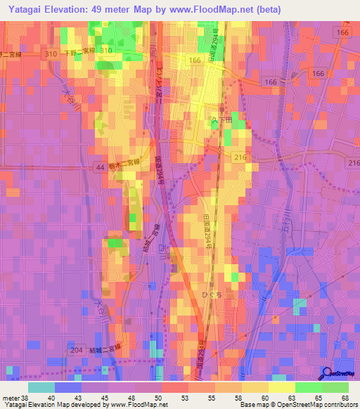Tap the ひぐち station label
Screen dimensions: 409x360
[x=211, y=296]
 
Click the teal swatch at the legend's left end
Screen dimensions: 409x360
[x=41, y=387]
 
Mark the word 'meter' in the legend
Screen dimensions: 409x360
[x=9, y=397]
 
